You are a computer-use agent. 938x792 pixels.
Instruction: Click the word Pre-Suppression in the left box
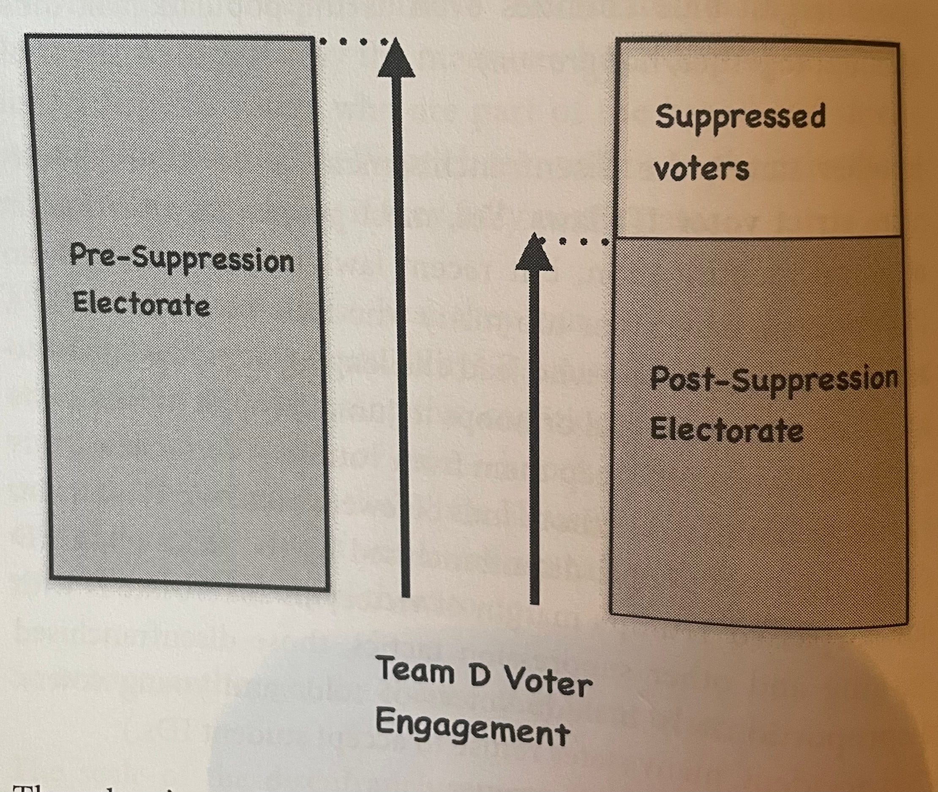(x=182, y=260)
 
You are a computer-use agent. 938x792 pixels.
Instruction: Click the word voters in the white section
(x=701, y=169)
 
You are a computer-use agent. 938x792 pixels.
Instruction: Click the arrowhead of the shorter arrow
(x=534, y=253)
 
